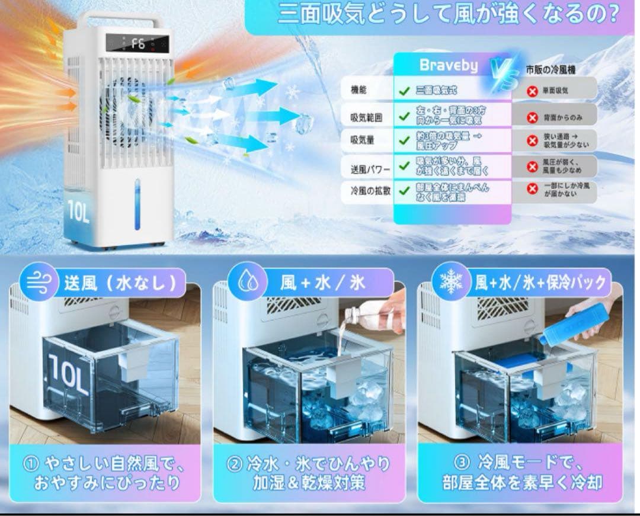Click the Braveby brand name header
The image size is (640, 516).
click(x=448, y=65)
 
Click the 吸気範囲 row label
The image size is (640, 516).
click(x=366, y=117)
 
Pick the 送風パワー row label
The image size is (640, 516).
click(x=370, y=169)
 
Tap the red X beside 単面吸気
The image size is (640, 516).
click(x=532, y=91)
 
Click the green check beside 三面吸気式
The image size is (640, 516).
click(x=404, y=91)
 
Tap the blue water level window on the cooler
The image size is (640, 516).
click(x=137, y=204)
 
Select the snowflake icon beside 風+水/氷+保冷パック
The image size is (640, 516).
click(x=450, y=282)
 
